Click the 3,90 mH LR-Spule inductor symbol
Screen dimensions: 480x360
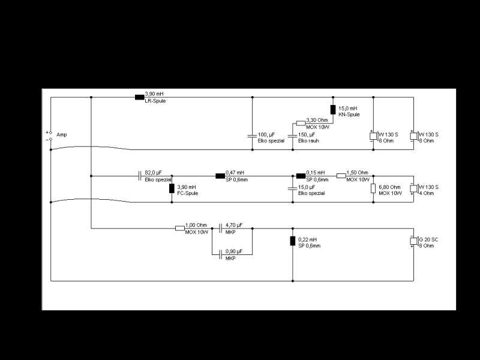click(139, 97)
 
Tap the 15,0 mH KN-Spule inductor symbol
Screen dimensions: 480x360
click(333, 110)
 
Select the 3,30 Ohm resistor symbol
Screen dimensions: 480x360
click(301, 124)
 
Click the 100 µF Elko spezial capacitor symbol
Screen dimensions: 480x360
click(252, 136)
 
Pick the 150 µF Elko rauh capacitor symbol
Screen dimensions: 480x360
click(293, 136)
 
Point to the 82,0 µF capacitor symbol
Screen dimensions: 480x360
click(140, 176)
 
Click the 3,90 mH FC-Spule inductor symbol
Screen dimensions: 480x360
click(172, 188)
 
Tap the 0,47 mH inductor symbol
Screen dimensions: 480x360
click(220, 176)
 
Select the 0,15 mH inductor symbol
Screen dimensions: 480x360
click(301, 176)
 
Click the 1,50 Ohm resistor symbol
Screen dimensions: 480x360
click(341, 176)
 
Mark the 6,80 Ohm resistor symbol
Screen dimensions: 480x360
click(373, 188)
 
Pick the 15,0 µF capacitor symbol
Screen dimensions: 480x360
click(293, 188)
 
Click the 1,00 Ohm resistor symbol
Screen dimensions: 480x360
click(179, 229)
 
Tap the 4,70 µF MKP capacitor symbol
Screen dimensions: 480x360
click(220, 229)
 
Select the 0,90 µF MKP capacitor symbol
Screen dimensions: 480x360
click(220, 254)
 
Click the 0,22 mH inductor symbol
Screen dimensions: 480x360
click(293, 241)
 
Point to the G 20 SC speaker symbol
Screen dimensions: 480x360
click(414, 241)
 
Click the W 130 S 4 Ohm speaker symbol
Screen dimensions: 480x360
click(414, 188)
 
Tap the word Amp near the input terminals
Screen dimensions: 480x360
click(62, 134)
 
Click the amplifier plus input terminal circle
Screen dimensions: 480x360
click(51, 133)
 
